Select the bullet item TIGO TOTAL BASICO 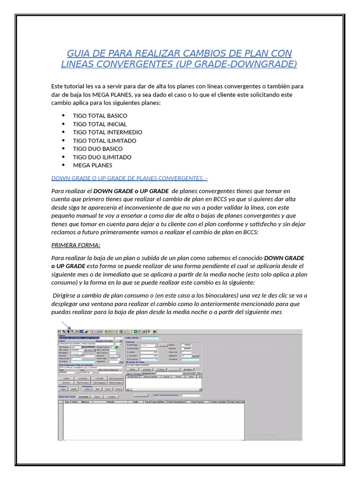tap(100, 116)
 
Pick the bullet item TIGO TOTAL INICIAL tap(99, 124)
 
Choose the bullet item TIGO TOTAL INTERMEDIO tap(107, 132)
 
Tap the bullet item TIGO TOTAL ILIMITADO tap(105, 141)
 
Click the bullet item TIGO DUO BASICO tap(97, 149)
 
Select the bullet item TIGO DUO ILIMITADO tap(102, 157)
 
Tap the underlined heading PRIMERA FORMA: tap(75, 245)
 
